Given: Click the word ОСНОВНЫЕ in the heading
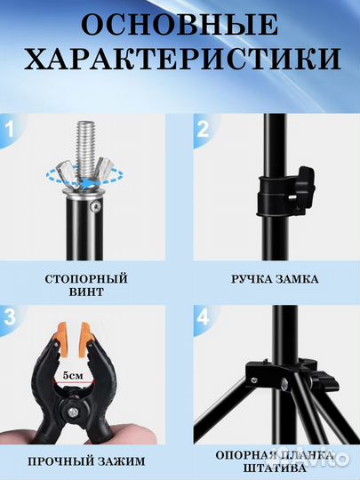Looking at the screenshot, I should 180,25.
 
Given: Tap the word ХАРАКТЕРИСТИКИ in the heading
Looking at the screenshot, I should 180,60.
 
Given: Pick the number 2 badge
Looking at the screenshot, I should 203,132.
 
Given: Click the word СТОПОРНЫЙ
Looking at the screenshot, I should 85,279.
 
